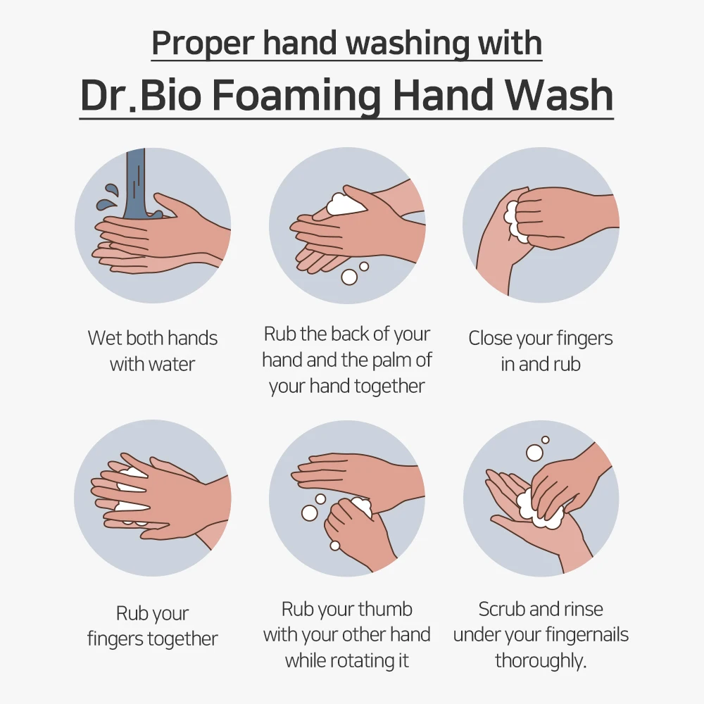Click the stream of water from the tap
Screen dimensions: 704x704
click(135, 183)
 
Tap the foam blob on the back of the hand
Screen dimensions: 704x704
click(346, 203)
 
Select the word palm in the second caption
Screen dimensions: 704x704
click(394, 360)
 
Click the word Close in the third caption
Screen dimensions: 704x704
click(491, 339)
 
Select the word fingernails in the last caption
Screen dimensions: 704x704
click(581, 635)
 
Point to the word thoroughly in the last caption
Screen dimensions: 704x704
click(539, 661)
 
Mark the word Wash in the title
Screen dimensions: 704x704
click(565, 95)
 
